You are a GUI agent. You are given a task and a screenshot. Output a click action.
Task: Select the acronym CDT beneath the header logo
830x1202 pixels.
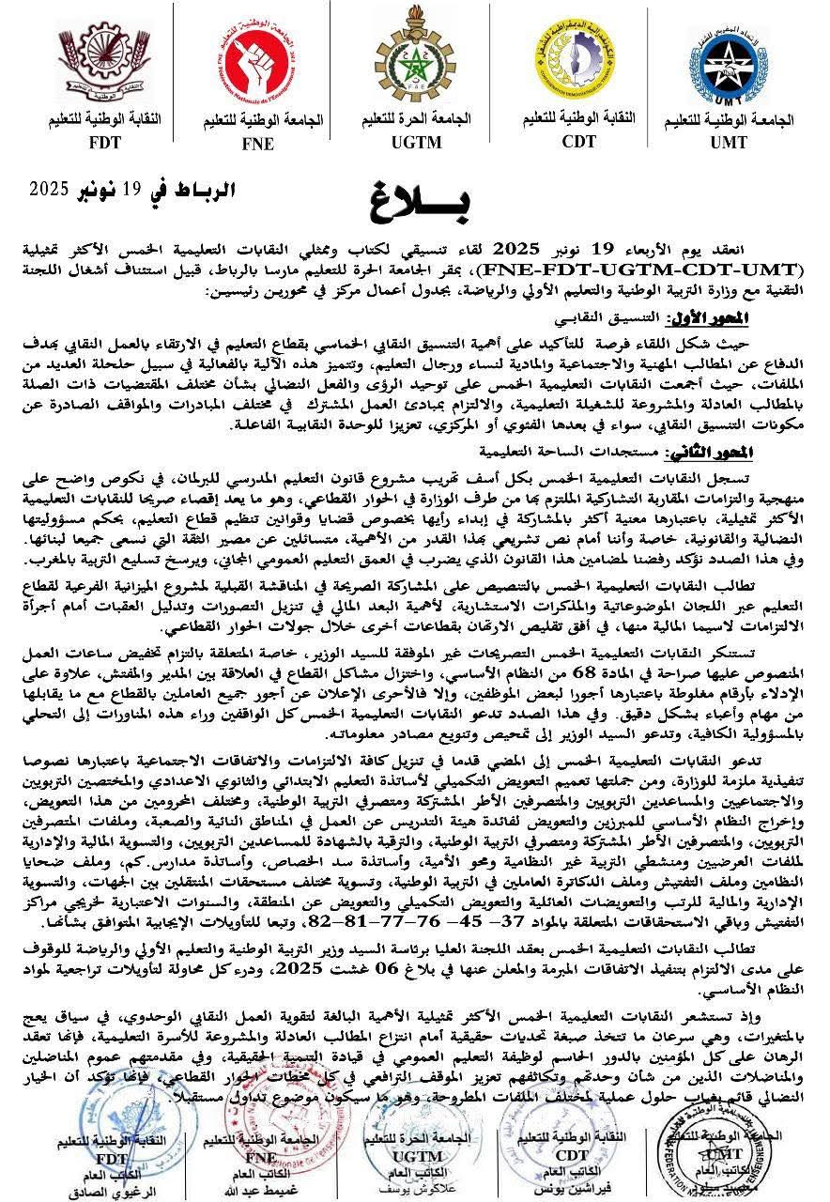pyautogui.click(x=578, y=142)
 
